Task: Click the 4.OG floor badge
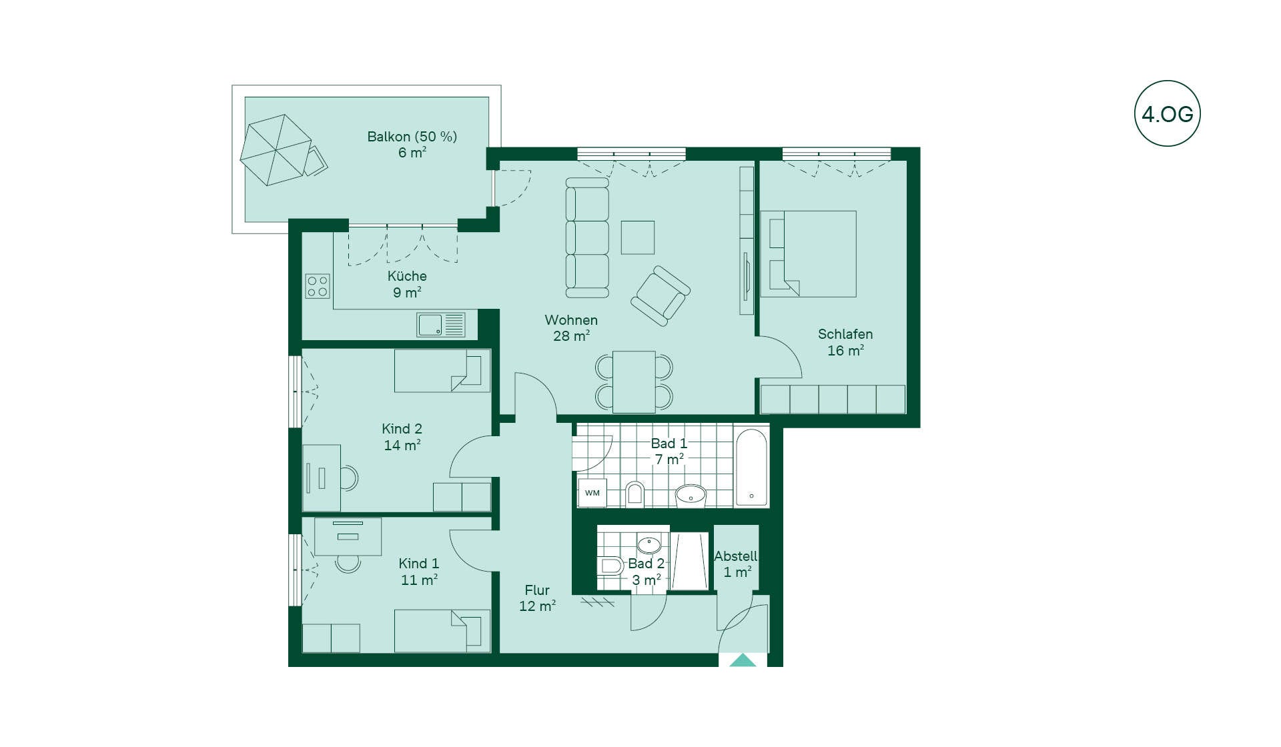pyautogui.click(x=1167, y=113)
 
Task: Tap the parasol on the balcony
pyautogui.click(x=276, y=150)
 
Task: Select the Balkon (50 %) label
pyautogui.click(x=412, y=137)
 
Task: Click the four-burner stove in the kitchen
pyautogui.click(x=318, y=286)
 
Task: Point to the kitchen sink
pyautogui.click(x=441, y=325)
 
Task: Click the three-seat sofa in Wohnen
pyautogui.click(x=587, y=237)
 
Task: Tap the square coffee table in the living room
pyautogui.click(x=638, y=237)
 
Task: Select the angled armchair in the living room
pyautogui.click(x=661, y=296)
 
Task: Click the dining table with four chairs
pyautogui.click(x=634, y=382)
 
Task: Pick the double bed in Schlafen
pyautogui.click(x=809, y=254)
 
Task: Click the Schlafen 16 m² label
pyautogui.click(x=845, y=342)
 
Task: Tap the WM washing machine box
pyautogui.click(x=592, y=494)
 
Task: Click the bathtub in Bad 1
pyautogui.click(x=751, y=468)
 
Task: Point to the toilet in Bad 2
pyautogui.click(x=610, y=566)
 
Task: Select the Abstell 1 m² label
pyautogui.click(x=736, y=564)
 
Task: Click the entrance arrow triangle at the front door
pyautogui.click(x=743, y=660)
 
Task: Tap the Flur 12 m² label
pyautogui.click(x=537, y=598)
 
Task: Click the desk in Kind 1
pyautogui.click(x=348, y=536)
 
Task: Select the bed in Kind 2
pyautogui.click(x=442, y=370)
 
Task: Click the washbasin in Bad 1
pyautogui.click(x=691, y=495)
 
